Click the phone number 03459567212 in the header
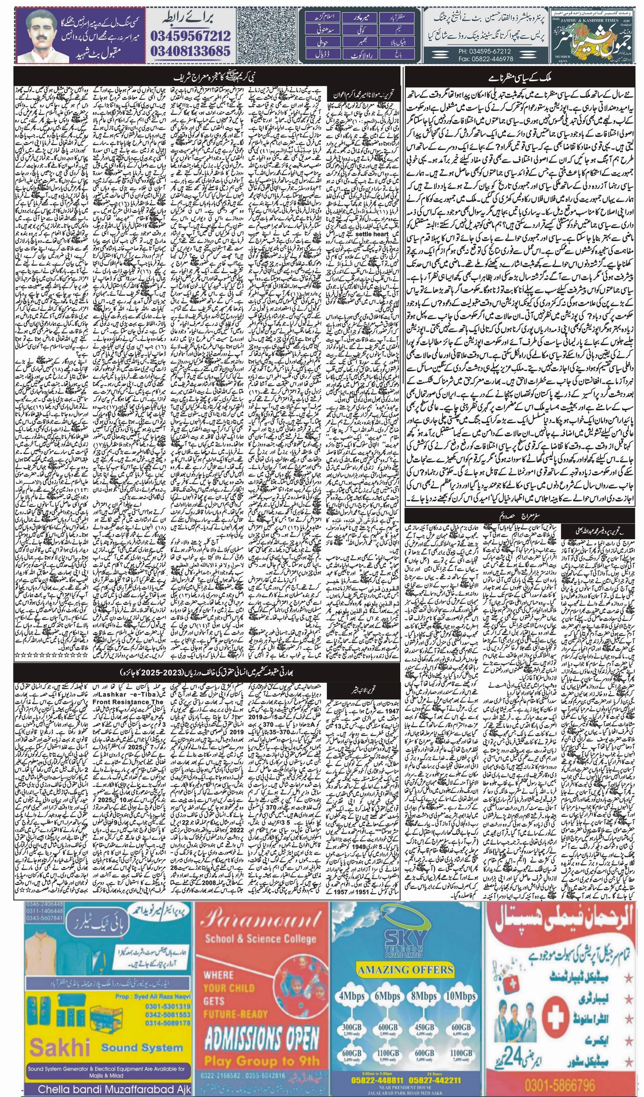coord(191,35)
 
